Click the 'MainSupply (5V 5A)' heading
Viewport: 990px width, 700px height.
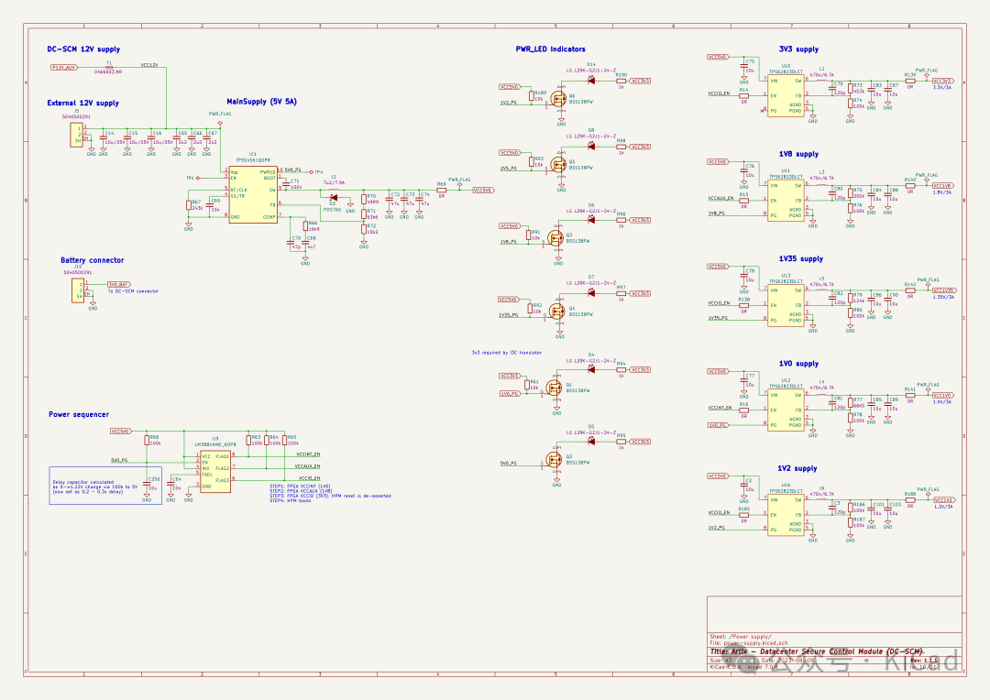point(261,101)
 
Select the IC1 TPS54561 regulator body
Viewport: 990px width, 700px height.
point(252,195)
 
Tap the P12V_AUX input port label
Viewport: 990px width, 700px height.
point(64,67)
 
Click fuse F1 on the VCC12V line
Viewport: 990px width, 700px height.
point(109,67)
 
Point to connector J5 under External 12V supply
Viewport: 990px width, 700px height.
point(77,136)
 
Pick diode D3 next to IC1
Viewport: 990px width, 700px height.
point(333,199)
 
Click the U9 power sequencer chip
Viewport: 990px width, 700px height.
point(215,470)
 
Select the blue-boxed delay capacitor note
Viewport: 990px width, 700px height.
point(93,486)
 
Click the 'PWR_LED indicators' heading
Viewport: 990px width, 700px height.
point(550,49)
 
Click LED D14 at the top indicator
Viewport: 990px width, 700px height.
point(591,81)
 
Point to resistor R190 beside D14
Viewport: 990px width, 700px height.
point(621,81)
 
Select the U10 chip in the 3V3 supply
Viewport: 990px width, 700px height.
point(786,95)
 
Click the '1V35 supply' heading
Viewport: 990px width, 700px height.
point(800,259)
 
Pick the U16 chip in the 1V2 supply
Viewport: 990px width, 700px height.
point(786,514)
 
